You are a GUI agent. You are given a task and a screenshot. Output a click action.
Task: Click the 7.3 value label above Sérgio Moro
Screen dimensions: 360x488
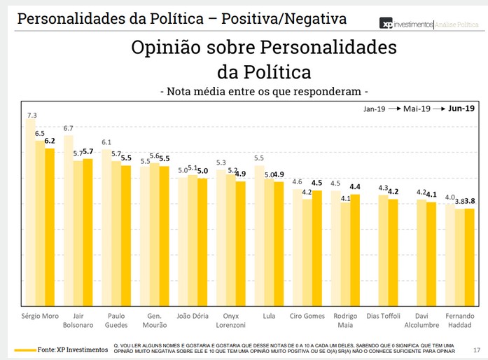pyautogui.click(x=32, y=114)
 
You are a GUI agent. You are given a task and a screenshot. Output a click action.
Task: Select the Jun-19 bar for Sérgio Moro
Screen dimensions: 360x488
pyautogui.click(x=50, y=224)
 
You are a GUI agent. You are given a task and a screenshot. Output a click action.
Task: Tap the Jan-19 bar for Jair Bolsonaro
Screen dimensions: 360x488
pyautogui.click(x=69, y=217)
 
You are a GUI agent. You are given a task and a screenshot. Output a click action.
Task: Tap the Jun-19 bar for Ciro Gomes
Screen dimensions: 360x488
pyautogui.click(x=316, y=245)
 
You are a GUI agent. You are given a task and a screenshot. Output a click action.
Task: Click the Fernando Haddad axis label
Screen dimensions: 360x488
pyautogui.click(x=459, y=319)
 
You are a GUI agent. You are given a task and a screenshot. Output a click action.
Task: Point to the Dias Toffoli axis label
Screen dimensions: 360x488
pyautogui.click(x=383, y=315)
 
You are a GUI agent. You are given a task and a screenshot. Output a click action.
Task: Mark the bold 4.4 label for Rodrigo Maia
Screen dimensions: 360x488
pyautogui.click(x=355, y=187)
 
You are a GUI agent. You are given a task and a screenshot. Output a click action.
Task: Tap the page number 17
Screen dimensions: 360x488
pyautogui.click(x=476, y=349)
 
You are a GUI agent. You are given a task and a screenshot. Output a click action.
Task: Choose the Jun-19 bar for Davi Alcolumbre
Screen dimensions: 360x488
pyautogui.click(x=431, y=252)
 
